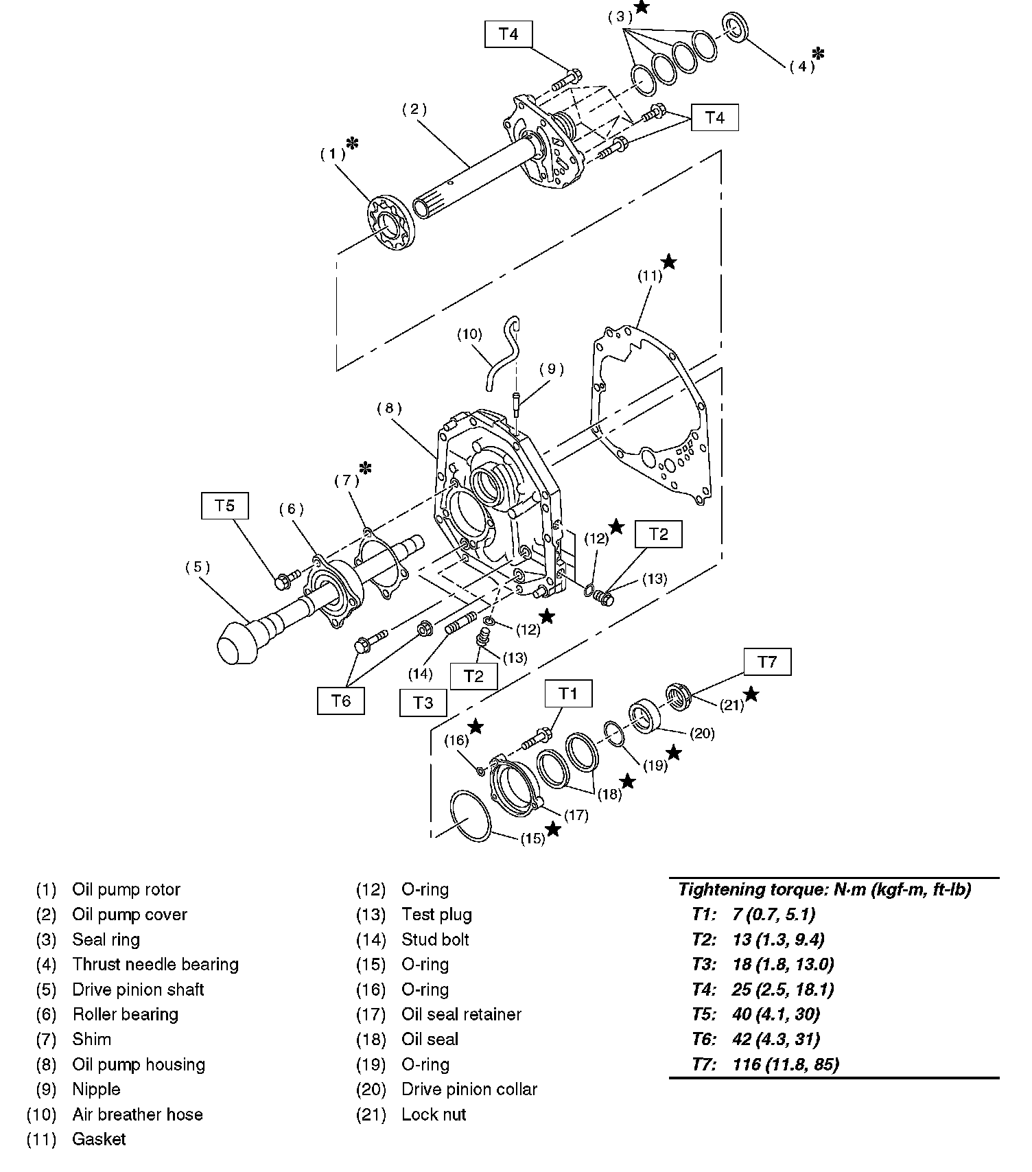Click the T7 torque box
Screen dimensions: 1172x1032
[x=767, y=662]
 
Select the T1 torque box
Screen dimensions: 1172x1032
[x=568, y=693]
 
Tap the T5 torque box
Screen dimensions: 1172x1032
[x=224, y=506]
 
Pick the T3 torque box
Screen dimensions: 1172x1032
[x=423, y=703]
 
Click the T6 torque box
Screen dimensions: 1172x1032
[x=341, y=701]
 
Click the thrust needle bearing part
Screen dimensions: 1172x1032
[x=736, y=27]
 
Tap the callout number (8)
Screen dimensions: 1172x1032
[x=388, y=408]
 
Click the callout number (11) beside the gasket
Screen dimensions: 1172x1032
[x=649, y=276]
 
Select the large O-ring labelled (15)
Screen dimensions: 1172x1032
[x=471, y=816]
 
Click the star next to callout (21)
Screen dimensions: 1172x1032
[x=751, y=694]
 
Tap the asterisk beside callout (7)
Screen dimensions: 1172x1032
[x=366, y=468]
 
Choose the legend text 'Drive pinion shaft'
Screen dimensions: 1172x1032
[x=138, y=989]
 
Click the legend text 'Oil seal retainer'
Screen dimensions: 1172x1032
[x=461, y=1014]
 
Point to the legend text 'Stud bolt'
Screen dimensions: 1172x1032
[x=435, y=939]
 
